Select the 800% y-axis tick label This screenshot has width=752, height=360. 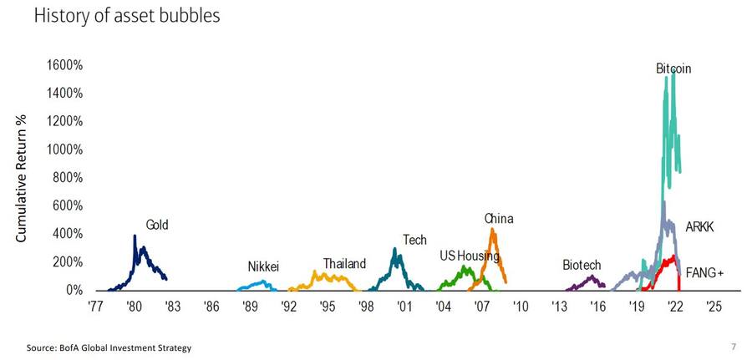click(66, 178)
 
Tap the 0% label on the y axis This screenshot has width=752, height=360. click(72, 291)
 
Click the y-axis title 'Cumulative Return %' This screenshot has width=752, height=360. click(23, 179)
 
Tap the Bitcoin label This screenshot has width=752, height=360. click(673, 68)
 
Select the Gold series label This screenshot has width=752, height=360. click(157, 225)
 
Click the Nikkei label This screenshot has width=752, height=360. click(262, 267)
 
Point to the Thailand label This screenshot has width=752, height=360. click(344, 264)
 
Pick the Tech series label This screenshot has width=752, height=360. click(414, 240)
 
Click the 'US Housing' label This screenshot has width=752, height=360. click(469, 256)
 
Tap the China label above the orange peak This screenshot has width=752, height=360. click(499, 219)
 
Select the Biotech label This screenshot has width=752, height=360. click(582, 265)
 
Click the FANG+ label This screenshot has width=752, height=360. click(703, 272)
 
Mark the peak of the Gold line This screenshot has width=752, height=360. click(135, 236)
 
